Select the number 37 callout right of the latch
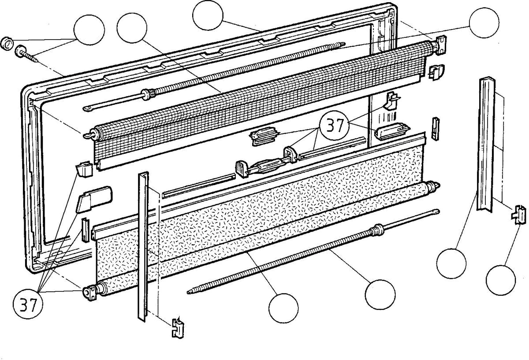334,126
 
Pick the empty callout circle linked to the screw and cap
89,30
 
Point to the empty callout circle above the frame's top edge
208,15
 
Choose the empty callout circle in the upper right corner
484,22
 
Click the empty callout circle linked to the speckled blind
283,308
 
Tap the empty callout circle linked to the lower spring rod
380,295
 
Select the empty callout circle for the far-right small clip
501,280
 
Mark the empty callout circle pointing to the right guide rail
451,264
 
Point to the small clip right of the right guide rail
519,215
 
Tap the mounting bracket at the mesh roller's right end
440,45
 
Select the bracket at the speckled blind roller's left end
90,293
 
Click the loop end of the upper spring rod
88,108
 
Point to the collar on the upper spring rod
148,94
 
